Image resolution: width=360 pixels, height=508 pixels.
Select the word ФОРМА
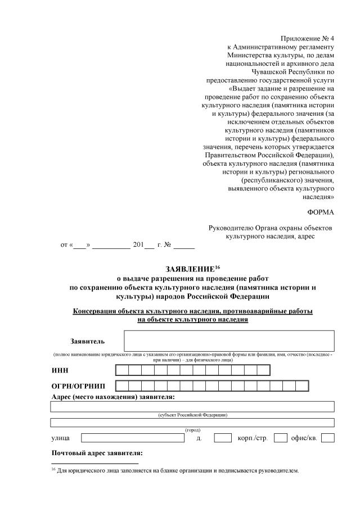click(x=321, y=212)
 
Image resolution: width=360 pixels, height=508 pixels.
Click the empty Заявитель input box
click(x=229, y=341)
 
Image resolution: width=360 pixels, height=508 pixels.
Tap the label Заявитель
click(x=87, y=341)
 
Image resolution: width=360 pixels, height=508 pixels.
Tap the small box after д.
click(x=223, y=438)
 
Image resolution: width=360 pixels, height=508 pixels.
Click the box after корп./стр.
click(x=281, y=438)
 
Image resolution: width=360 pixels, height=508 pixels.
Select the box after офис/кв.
click(x=328, y=438)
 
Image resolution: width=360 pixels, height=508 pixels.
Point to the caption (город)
click(x=193, y=429)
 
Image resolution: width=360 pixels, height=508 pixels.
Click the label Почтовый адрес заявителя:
click(x=97, y=453)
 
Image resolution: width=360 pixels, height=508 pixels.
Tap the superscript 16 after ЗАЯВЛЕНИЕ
click(x=218, y=266)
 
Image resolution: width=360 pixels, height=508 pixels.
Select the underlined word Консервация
click(x=96, y=311)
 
